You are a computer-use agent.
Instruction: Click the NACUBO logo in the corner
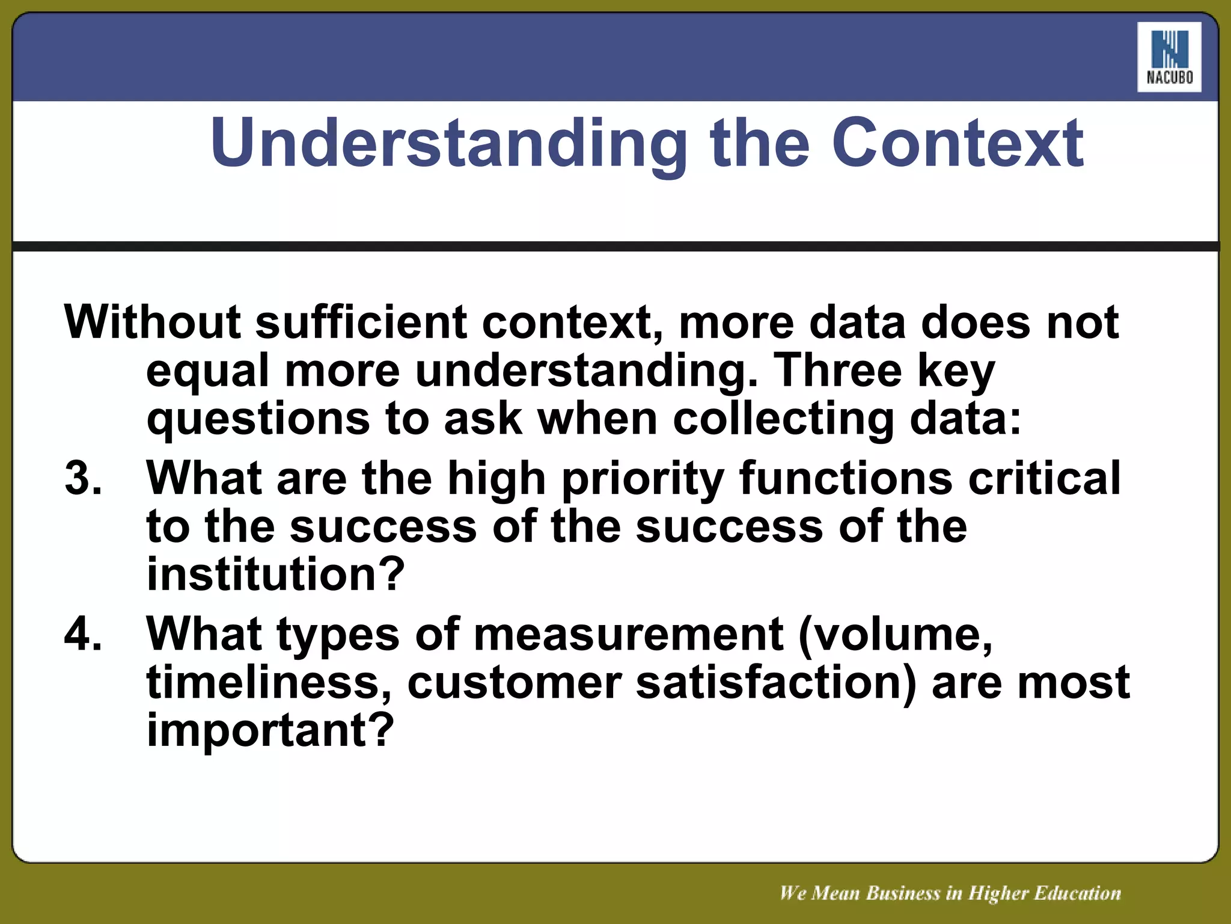pos(1169,57)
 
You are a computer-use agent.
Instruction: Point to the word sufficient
pos(361,322)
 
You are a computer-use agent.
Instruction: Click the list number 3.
pos(84,478)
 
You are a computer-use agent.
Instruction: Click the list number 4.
pos(84,634)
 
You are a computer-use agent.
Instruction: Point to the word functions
pos(846,478)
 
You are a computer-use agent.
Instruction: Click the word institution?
pos(276,574)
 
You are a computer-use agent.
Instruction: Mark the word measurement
pos(628,634)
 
